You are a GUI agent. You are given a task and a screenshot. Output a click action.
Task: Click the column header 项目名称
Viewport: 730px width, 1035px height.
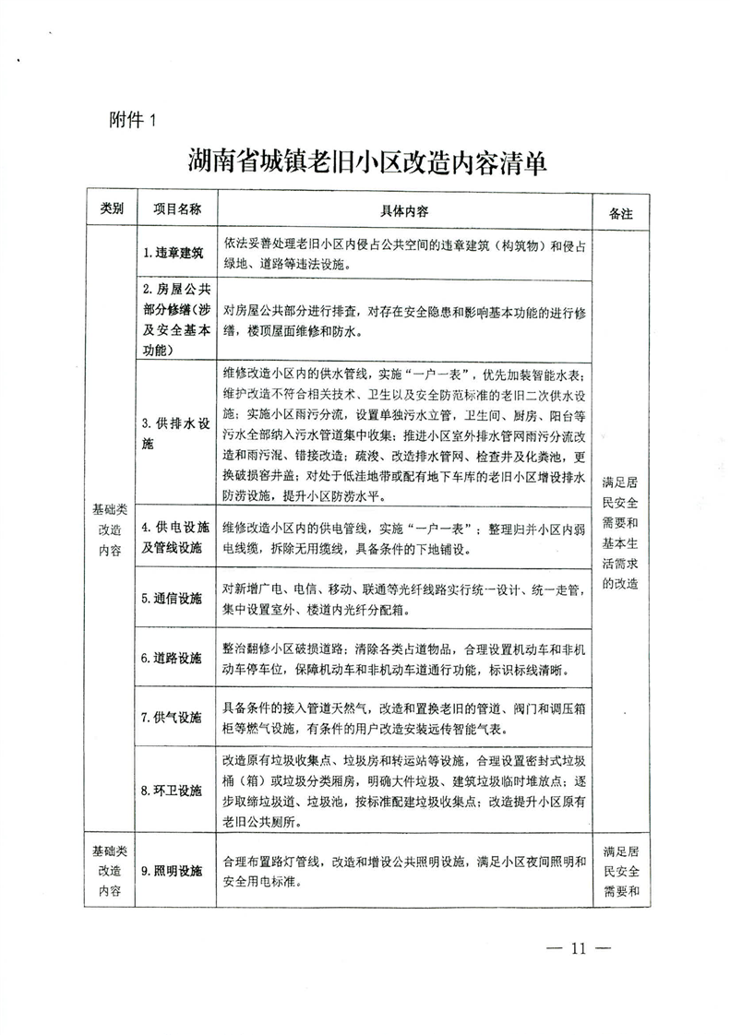coord(175,210)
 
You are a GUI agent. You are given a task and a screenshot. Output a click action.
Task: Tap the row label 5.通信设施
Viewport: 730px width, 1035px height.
coord(173,598)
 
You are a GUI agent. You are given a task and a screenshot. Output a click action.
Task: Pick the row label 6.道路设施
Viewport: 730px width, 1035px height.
coord(173,658)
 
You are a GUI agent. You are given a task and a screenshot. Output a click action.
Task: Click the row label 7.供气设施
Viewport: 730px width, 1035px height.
coord(173,717)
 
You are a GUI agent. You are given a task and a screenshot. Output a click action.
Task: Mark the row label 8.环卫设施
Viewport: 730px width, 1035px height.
coord(173,791)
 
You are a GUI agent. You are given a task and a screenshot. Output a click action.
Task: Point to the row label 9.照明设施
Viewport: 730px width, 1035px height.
coord(173,870)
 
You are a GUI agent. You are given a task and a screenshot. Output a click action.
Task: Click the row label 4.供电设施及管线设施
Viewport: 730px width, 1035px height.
coord(175,537)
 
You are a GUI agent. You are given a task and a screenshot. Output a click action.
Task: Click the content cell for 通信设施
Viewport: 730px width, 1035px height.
coord(404,599)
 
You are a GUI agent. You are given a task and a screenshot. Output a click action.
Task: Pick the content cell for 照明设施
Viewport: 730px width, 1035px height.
coord(404,870)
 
